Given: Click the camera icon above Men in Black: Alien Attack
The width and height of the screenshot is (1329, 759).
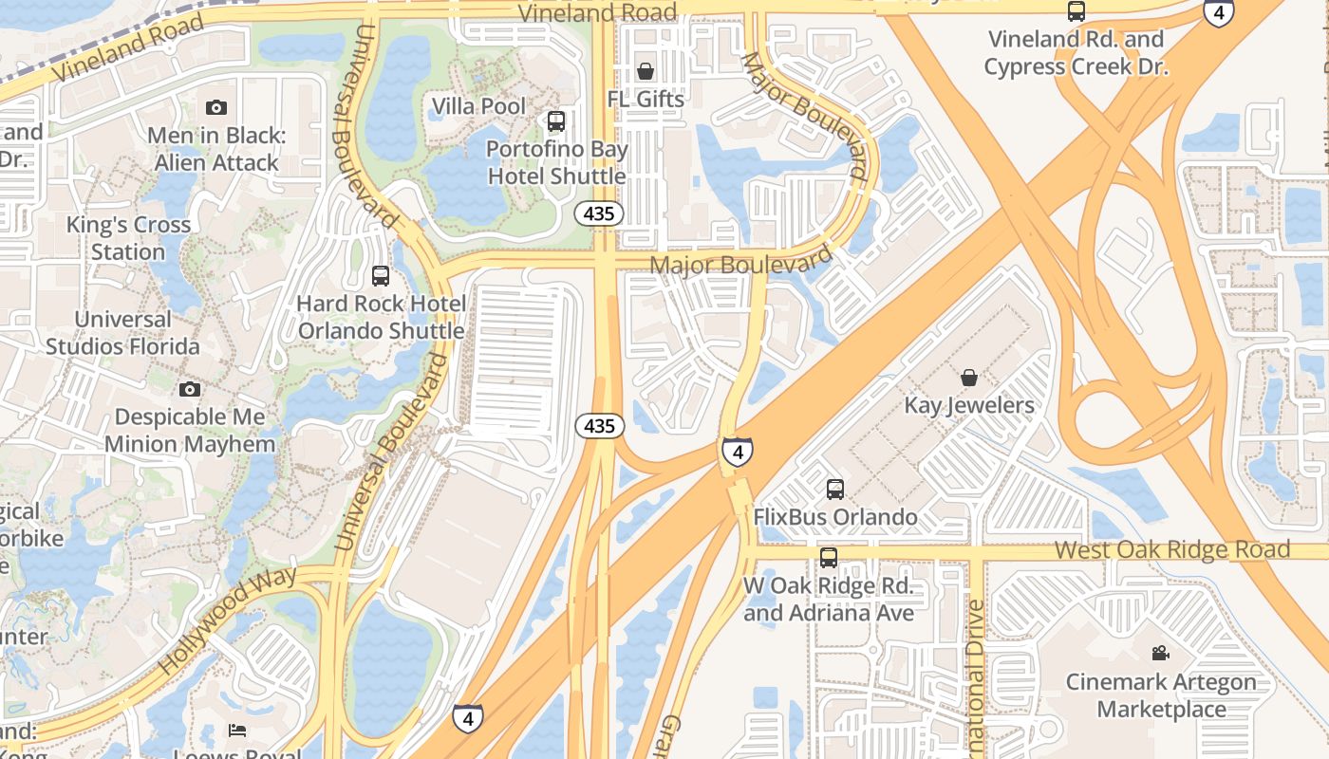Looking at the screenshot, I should (216, 107).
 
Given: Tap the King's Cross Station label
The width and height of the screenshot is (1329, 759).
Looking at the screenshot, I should (128, 238).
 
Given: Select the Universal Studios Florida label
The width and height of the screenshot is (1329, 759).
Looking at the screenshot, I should (122, 332).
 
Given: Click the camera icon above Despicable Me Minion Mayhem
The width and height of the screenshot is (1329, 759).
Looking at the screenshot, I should (190, 389).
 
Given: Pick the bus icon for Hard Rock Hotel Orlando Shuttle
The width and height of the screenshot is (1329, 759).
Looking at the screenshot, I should (381, 276).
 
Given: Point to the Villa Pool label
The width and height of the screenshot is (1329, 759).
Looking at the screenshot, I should (478, 105).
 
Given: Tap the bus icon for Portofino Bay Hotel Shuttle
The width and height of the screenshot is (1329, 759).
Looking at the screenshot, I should (556, 121).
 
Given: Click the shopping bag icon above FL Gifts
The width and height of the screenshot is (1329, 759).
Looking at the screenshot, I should (646, 71).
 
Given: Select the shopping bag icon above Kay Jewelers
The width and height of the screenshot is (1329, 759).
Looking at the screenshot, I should (969, 378).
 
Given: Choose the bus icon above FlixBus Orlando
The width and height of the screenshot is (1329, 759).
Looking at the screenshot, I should (835, 490).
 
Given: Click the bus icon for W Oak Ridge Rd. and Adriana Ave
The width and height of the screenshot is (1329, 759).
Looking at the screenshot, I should (829, 557).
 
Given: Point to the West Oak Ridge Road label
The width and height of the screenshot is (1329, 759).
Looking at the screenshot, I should (1172, 549).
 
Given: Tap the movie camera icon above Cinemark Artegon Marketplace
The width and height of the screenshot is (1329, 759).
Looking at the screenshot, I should (1160, 653).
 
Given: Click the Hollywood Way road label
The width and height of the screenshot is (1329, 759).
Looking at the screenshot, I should (228, 620).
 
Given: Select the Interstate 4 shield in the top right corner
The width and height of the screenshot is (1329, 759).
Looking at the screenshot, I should (1218, 12).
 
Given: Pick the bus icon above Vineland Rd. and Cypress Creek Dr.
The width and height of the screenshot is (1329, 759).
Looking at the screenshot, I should (1076, 11).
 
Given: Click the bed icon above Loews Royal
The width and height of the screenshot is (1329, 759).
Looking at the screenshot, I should (237, 730).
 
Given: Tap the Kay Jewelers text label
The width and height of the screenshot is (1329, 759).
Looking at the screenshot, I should (969, 405).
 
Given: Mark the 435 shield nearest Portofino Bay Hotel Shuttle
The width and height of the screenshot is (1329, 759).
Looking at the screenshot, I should (599, 213).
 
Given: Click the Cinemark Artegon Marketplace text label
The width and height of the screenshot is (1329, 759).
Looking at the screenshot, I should (1161, 695).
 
